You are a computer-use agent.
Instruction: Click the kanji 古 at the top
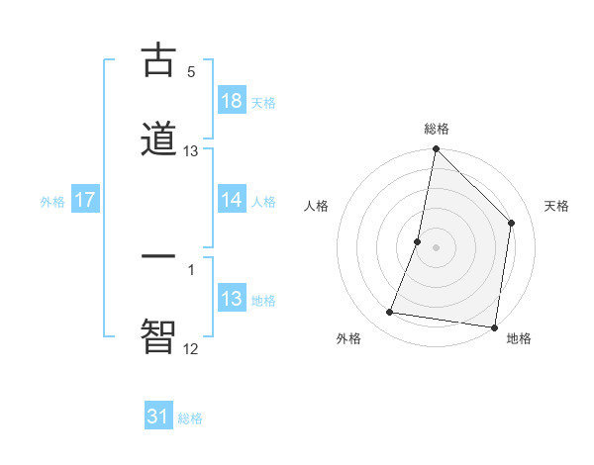point(158,61)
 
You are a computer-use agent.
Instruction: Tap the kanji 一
point(158,256)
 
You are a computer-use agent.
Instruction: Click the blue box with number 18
point(232,100)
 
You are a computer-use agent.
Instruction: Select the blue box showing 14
point(232,199)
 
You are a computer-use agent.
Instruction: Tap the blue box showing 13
point(232,299)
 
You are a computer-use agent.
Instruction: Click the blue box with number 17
point(85,200)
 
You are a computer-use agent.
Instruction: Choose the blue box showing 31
point(158,417)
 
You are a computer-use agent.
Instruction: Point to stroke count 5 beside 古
point(191,71)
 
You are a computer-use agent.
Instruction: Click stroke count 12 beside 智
point(191,348)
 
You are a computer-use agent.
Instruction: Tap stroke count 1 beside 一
point(191,269)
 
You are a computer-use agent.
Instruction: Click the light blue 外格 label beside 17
point(52,201)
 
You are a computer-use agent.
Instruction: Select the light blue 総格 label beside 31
point(190,418)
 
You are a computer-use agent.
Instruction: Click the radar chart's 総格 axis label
point(437,129)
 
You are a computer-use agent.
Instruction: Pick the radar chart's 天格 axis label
point(557,206)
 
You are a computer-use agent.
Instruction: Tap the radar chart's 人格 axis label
point(317,206)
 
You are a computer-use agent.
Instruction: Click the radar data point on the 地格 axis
point(494,326)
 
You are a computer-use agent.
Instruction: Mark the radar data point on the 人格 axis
point(418,241)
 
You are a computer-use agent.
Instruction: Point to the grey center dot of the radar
point(437,247)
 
